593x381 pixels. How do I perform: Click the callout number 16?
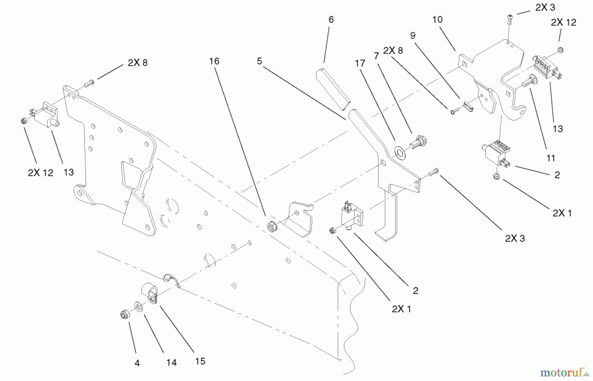(214, 61)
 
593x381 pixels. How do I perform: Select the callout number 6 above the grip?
(331, 20)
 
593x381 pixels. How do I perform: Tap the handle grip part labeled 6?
(332, 89)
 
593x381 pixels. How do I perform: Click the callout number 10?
(437, 20)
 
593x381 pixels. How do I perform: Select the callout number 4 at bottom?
(137, 363)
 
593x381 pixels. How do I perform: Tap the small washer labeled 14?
(138, 307)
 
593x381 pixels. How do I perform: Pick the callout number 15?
(200, 361)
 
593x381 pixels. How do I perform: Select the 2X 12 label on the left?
(40, 173)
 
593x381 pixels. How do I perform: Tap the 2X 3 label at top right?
(545, 8)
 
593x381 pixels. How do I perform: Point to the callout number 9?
(413, 36)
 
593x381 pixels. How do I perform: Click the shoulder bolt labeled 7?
(417, 143)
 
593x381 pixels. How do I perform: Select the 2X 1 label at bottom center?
(401, 309)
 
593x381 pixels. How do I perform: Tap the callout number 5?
(260, 61)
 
